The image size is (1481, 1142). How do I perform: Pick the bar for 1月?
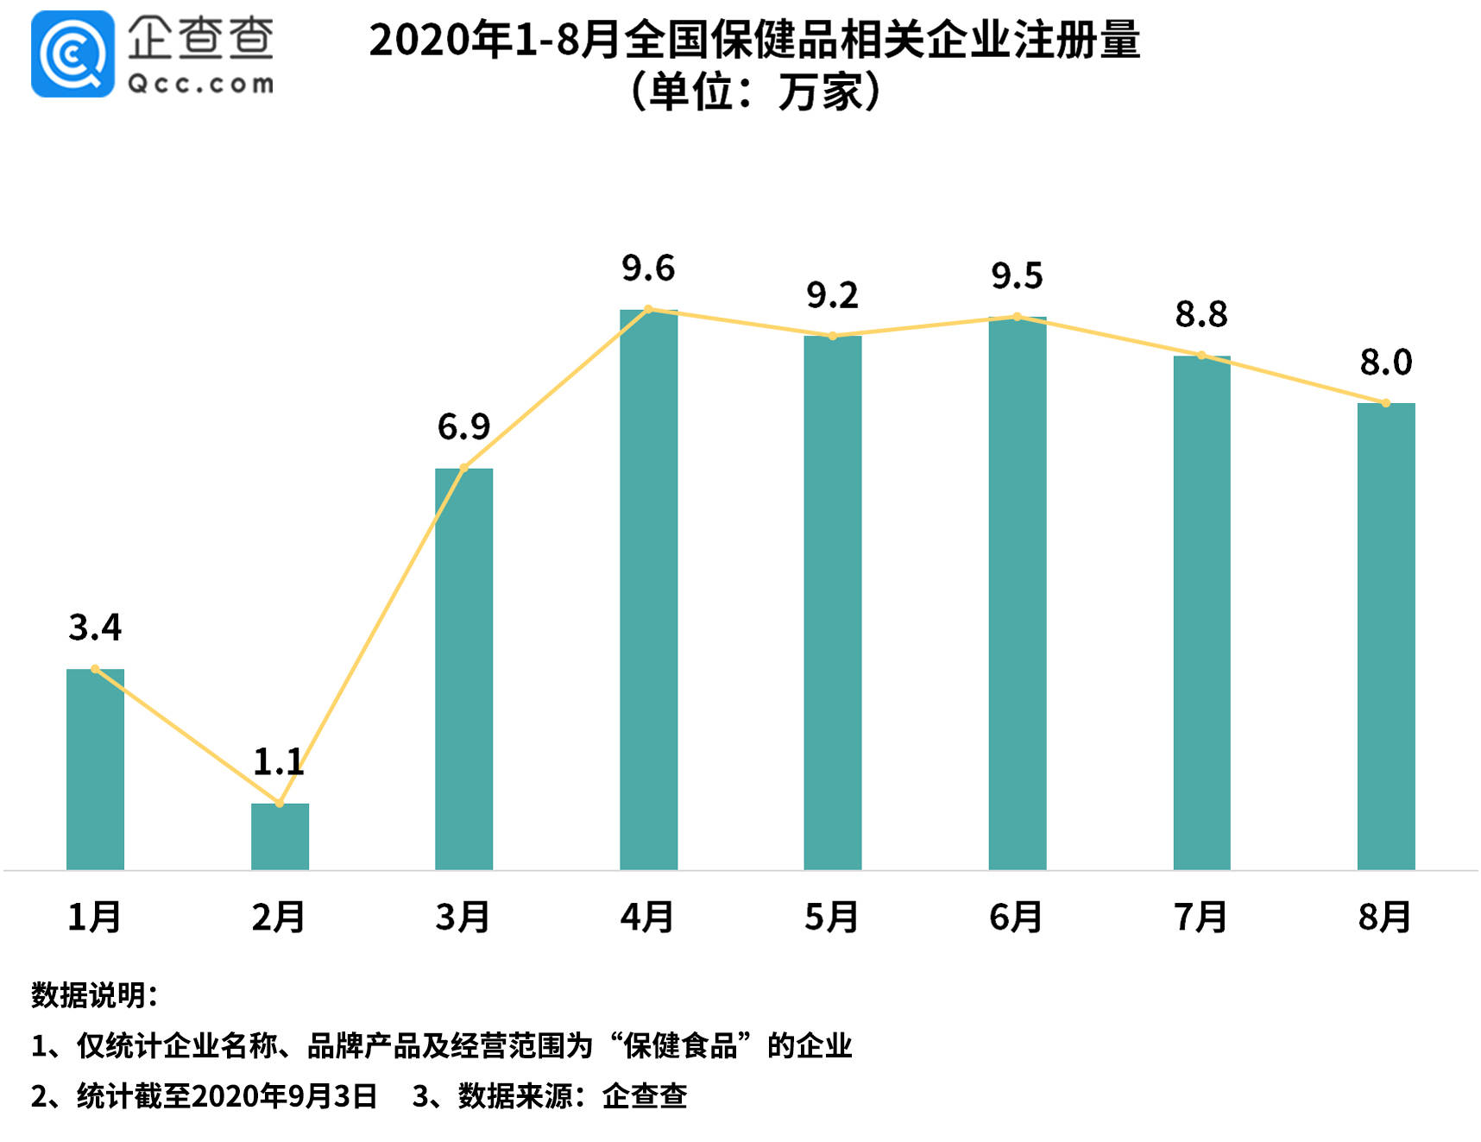click(95, 768)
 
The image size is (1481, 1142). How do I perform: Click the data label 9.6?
click(648, 268)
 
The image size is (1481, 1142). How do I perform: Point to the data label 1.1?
click(279, 762)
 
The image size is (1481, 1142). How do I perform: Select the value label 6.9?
click(463, 426)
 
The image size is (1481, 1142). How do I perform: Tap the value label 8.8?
click(1201, 314)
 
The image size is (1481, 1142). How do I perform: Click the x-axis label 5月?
click(831, 917)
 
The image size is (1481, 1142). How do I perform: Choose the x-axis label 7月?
click(1201, 917)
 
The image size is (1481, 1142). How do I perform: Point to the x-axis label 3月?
click(463, 917)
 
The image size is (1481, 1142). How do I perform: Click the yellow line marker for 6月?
click(1017, 317)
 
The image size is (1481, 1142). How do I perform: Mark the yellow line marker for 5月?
click(832, 336)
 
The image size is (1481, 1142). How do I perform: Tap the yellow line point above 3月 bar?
click(463, 468)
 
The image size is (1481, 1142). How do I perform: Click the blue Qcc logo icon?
click(72, 54)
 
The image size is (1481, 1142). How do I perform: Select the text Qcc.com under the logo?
click(200, 84)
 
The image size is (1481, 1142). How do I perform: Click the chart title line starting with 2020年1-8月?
click(754, 41)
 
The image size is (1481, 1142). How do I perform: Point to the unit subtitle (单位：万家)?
click(754, 92)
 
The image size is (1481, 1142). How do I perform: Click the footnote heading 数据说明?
click(94, 995)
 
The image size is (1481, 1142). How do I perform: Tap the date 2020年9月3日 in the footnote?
click(284, 1096)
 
